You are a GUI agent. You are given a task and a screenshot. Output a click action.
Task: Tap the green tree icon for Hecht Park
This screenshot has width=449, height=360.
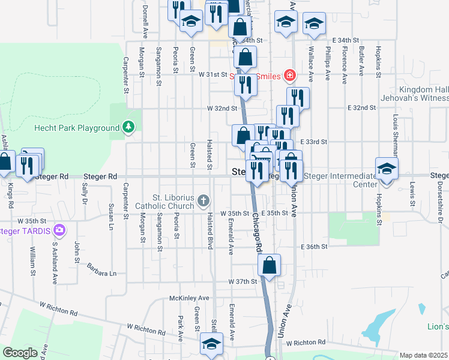[128, 127]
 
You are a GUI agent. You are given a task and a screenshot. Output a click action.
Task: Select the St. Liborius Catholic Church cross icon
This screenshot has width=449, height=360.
[203, 200]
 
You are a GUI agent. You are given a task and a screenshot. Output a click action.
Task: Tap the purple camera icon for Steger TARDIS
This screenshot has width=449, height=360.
[59, 230]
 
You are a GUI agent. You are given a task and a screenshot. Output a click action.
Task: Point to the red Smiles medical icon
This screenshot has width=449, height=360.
[289, 76]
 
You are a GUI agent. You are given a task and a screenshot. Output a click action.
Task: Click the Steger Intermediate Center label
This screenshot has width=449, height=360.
[340, 180]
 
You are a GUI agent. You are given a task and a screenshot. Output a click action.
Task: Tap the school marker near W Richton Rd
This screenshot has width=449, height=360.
[211, 344]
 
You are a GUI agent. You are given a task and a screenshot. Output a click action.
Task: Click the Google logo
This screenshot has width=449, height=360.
[19, 353]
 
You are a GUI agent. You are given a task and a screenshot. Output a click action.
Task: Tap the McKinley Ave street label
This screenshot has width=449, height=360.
[189, 298]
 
